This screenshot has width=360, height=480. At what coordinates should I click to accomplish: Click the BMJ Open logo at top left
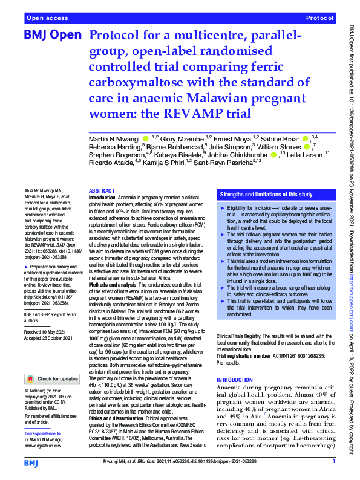pos(51,36)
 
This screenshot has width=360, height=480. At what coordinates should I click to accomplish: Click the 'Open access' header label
pos(47,19)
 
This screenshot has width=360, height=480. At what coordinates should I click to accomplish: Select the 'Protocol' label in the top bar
pos(318,19)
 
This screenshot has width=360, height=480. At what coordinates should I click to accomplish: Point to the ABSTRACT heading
pos(102,190)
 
